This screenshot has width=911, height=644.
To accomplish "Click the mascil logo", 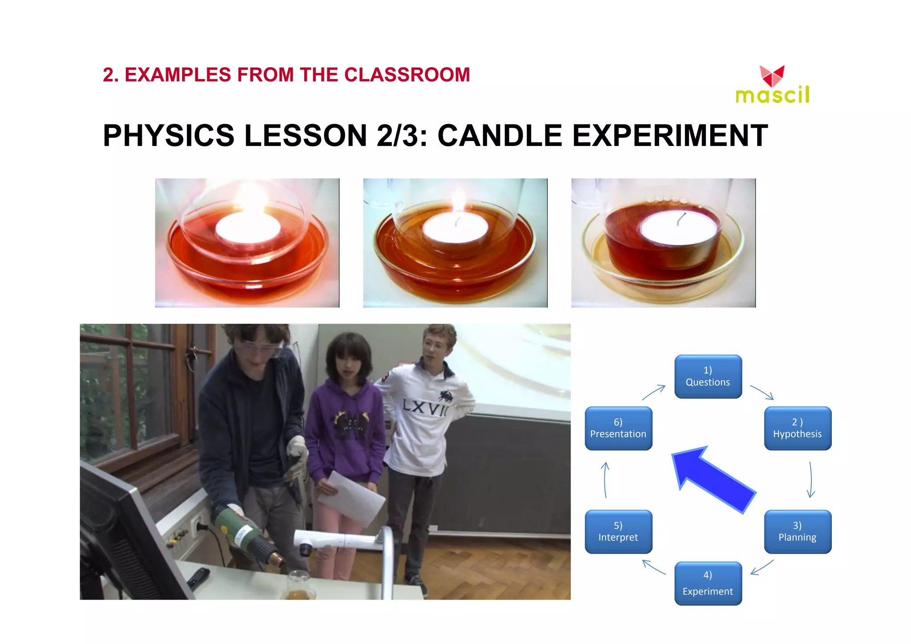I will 772,85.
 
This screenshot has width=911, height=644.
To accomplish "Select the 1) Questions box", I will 708,376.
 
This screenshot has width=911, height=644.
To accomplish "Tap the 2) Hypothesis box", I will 797,428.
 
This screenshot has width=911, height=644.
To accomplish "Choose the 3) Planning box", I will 797,531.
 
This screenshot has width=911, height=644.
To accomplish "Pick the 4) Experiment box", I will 708,583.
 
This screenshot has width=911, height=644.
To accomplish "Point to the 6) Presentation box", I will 618,428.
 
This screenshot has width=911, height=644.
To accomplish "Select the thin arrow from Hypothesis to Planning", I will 810,479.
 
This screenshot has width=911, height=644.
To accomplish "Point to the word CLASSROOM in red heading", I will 407,75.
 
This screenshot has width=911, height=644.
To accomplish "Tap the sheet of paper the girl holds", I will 351,498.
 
